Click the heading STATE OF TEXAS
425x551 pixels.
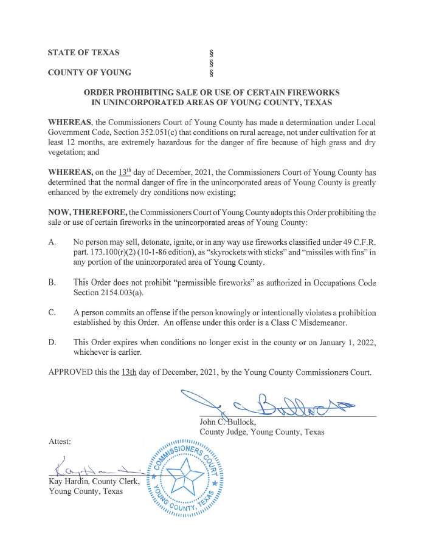click(x=84, y=53)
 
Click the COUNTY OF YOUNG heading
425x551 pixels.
click(x=89, y=73)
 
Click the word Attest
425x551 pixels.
click(x=60, y=440)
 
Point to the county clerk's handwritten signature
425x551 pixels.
click(x=91, y=469)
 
